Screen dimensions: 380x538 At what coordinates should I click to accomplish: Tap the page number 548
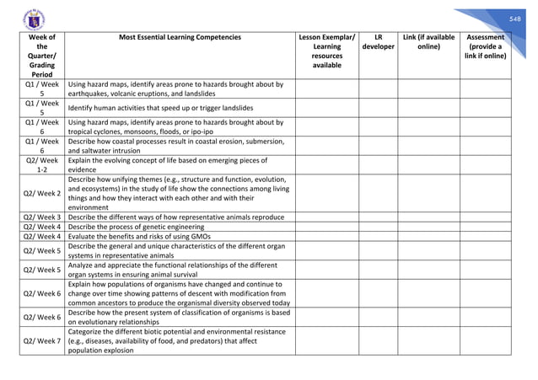pos(515,19)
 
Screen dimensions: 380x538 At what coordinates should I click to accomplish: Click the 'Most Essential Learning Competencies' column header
pos(180,38)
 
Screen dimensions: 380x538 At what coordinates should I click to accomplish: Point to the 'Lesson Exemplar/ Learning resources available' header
pos(326,51)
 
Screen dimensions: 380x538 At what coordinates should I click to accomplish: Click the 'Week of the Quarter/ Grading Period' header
pos(41,56)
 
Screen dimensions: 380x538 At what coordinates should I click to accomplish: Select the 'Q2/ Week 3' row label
pos(42,217)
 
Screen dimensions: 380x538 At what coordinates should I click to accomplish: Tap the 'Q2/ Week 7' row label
pos(42,341)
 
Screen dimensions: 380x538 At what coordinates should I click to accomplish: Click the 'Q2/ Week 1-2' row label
pos(42,164)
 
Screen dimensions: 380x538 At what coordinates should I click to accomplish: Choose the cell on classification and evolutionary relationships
pos(179,317)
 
